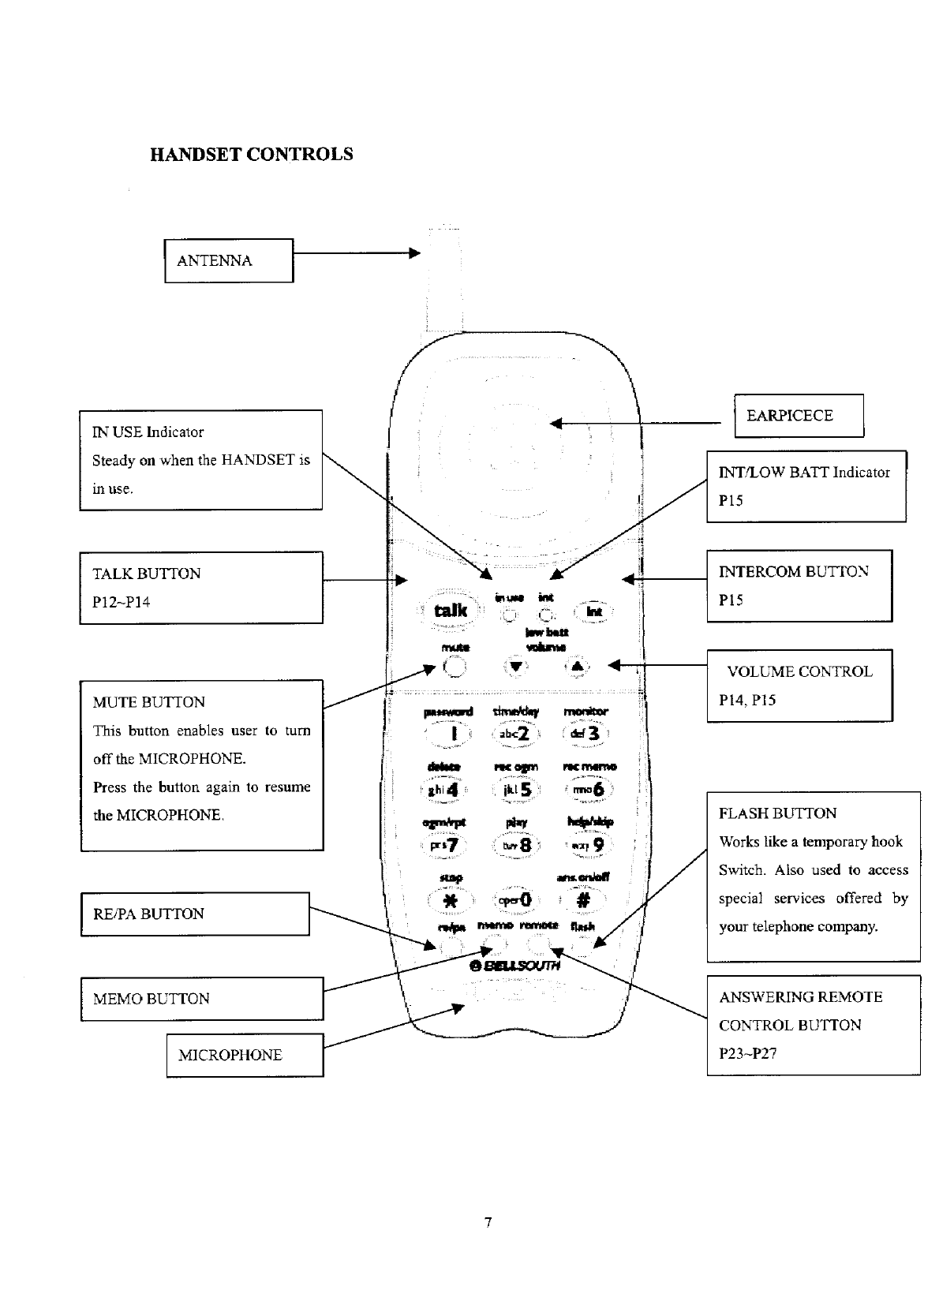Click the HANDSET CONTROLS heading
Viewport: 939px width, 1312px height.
(x=251, y=155)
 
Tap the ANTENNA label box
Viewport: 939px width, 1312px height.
(x=228, y=261)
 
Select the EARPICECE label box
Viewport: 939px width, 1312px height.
(x=798, y=416)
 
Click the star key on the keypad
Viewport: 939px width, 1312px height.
(x=450, y=901)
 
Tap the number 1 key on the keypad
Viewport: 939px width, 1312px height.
(x=452, y=734)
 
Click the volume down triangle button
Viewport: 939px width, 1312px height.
(x=515, y=667)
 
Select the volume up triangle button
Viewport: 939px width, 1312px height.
(x=577, y=667)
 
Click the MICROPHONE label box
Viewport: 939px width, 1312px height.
(x=245, y=1056)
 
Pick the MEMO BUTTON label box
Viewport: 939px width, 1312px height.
(x=201, y=999)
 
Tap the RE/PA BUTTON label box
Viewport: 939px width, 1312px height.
(x=194, y=914)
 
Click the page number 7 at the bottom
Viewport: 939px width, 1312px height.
(x=488, y=1223)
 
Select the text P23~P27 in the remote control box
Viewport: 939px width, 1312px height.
(x=747, y=1053)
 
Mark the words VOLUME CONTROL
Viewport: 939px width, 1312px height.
(x=799, y=672)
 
